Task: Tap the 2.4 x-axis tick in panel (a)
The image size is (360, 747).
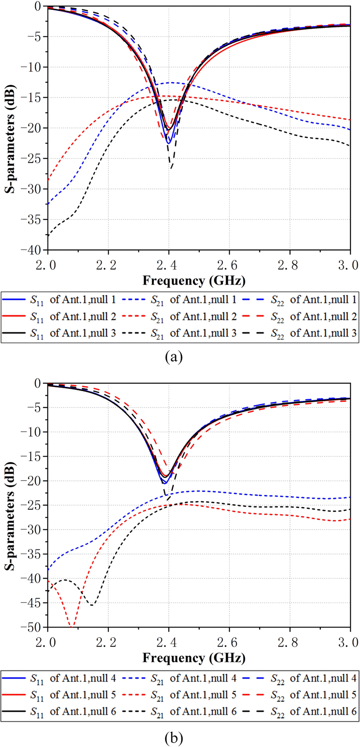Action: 168,265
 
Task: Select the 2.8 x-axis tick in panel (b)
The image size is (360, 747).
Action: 290,643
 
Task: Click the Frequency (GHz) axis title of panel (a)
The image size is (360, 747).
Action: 194,281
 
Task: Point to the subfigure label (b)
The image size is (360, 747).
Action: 173,736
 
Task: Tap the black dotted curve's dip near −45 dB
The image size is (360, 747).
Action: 92,605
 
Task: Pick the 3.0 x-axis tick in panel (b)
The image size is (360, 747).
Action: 350,643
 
